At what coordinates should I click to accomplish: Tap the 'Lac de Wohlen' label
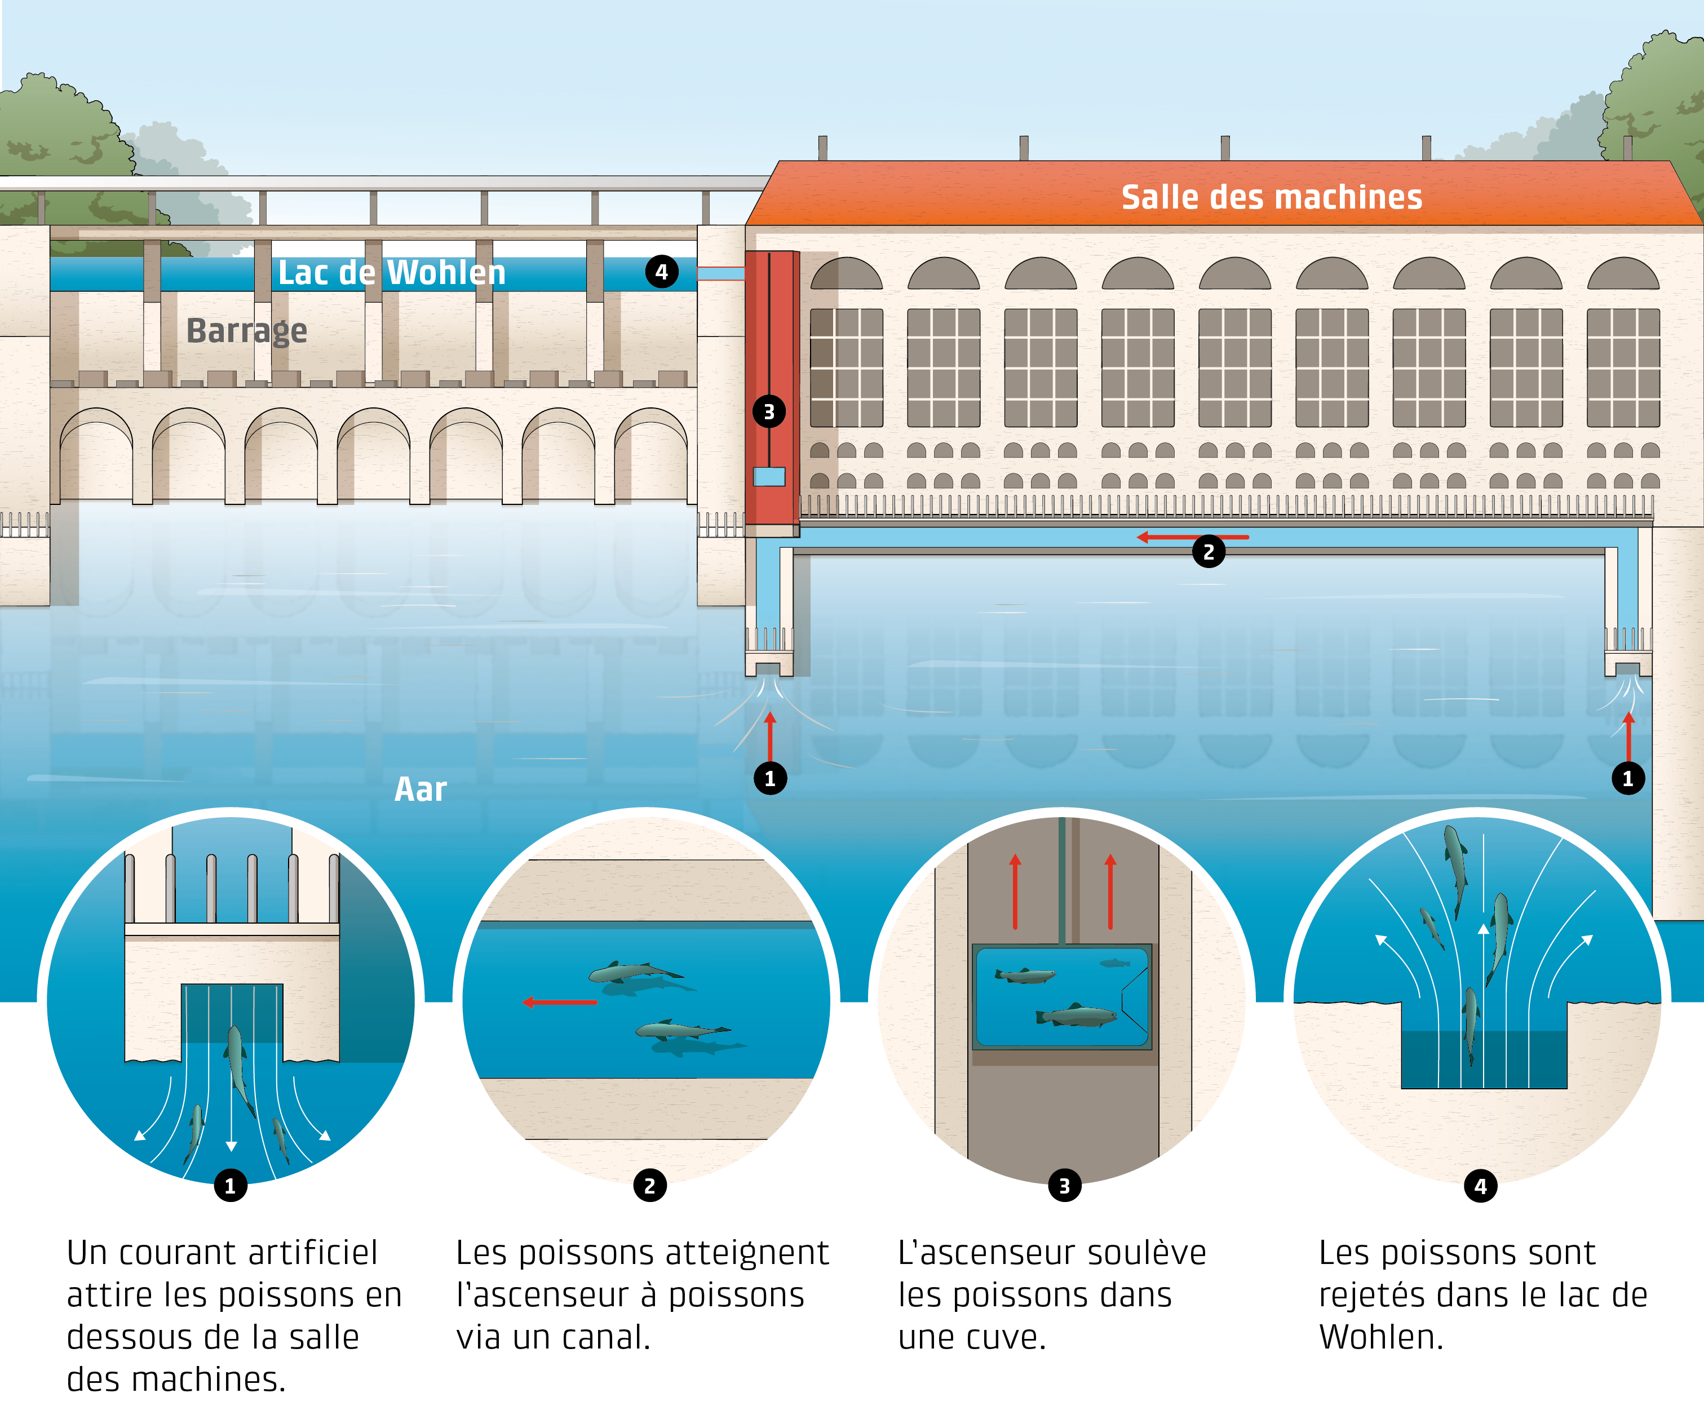(x=392, y=273)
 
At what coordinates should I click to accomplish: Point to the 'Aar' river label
(x=421, y=789)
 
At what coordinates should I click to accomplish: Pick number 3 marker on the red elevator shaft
(x=769, y=411)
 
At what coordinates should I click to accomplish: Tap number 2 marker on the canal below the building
(x=1208, y=552)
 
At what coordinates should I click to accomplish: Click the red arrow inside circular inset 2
(x=560, y=1002)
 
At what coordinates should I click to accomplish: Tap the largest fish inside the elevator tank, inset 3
(x=1076, y=1015)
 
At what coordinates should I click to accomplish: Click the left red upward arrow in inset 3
(x=1015, y=891)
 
